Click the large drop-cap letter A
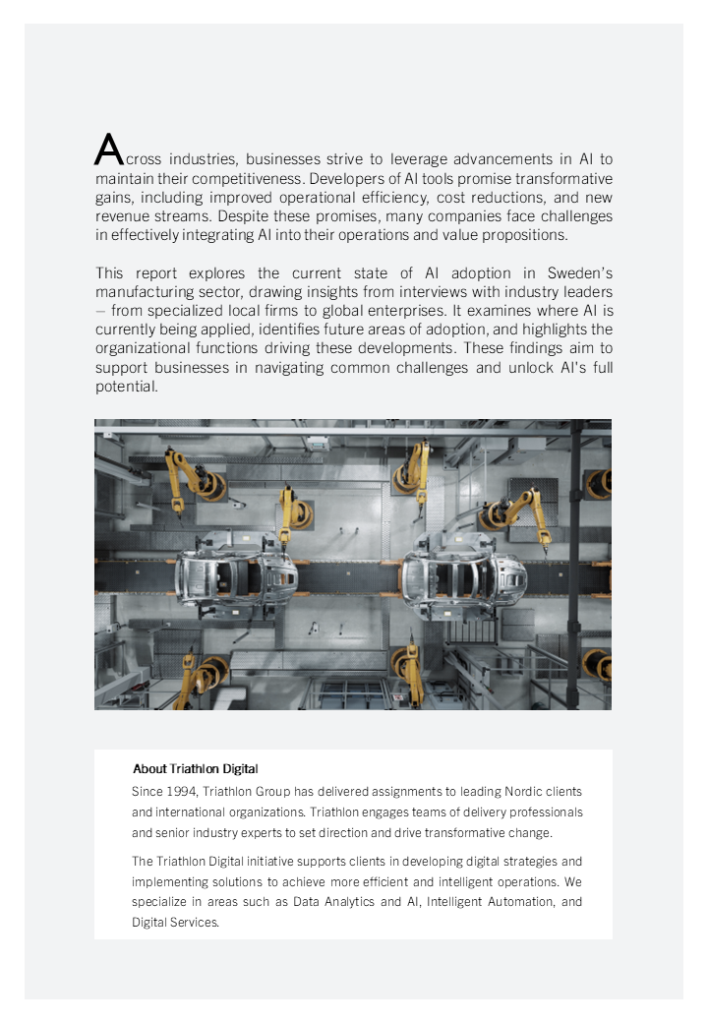coord(108,150)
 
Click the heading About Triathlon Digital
coord(196,768)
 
